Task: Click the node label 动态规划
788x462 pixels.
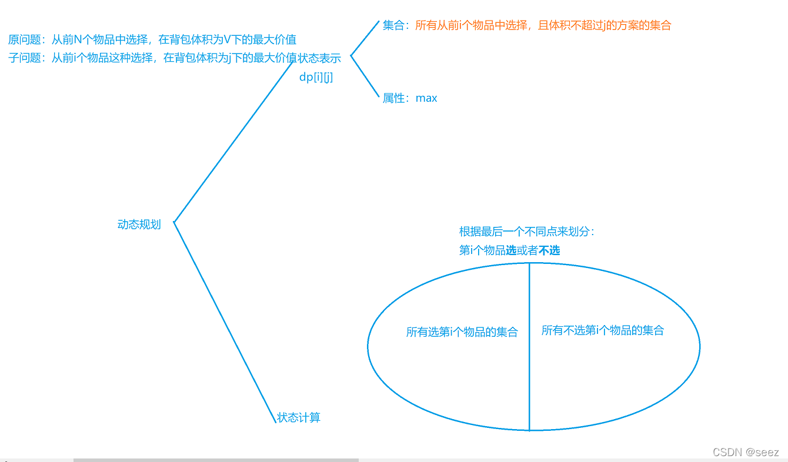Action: coord(139,225)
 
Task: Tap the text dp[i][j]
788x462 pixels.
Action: coord(316,77)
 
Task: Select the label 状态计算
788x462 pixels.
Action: coord(299,418)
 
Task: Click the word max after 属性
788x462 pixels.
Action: coord(426,98)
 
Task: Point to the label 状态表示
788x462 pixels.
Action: coord(319,58)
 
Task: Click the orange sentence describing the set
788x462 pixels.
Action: coord(543,25)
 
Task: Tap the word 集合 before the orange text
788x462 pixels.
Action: coord(393,25)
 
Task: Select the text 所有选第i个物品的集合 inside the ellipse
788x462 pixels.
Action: coord(462,332)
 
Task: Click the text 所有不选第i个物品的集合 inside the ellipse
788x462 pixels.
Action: coord(602,330)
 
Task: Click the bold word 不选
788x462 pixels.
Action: coord(549,250)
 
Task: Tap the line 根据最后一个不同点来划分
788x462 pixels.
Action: coord(526,232)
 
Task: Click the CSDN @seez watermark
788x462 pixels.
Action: coord(746,452)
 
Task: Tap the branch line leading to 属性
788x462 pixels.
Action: coord(365,77)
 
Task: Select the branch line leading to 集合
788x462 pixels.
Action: coord(365,39)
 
